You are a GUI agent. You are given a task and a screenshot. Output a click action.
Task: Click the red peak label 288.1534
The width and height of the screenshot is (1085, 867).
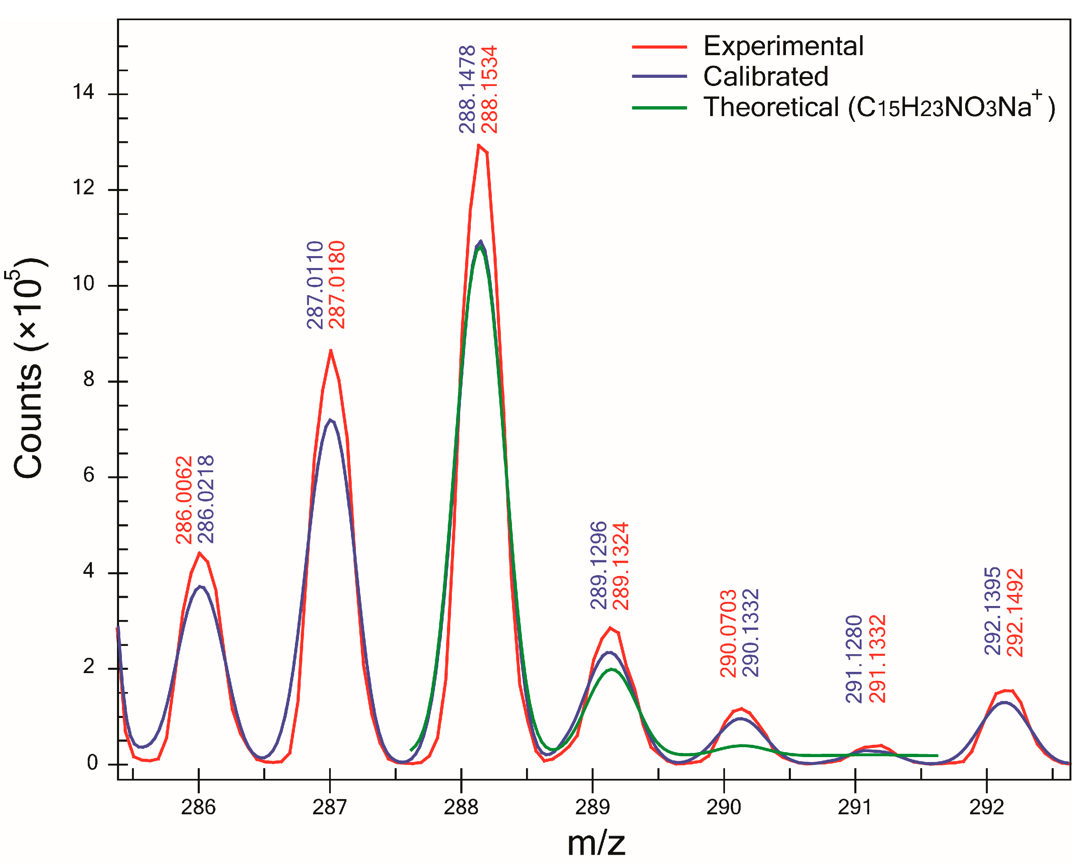pyautogui.click(x=489, y=89)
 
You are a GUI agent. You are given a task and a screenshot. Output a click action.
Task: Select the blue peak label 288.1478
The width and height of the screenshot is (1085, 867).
pyautogui.click(x=467, y=89)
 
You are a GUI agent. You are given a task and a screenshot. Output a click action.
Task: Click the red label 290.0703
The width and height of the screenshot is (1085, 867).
pyautogui.click(x=728, y=634)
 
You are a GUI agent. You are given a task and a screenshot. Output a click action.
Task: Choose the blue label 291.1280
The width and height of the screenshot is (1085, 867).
pyautogui.click(x=854, y=659)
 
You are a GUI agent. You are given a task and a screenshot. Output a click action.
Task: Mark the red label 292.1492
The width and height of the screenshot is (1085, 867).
pyautogui.click(x=1015, y=613)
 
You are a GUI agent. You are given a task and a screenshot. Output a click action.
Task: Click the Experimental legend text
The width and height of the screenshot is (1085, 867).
pyautogui.click(x=783, y=46)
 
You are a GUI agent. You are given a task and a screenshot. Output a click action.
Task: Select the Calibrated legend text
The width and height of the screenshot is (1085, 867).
pyautogui.click(x=765, y=77)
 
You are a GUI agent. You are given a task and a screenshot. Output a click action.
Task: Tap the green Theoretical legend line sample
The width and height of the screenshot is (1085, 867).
pyautogui.click(x=659, y=107)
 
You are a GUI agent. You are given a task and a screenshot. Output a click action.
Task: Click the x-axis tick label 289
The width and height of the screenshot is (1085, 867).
pyautogui.click(x=592, y=807)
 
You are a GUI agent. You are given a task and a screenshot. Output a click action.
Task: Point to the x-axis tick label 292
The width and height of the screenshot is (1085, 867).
pyautogui.click(x=987, y=807)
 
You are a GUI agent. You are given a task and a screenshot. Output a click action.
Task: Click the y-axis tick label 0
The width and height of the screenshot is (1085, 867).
pyautogui.click(x=92, y=763)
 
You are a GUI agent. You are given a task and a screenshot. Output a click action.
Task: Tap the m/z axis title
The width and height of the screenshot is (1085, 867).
pyautogui.click(x=596, y=844)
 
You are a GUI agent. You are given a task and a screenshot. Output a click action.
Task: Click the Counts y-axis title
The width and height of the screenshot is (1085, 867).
pyautogui.click(x=29, y=370)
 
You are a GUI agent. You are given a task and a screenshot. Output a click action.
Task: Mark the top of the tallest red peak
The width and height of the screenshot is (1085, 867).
pyautogui.click(x=479, y=145)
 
